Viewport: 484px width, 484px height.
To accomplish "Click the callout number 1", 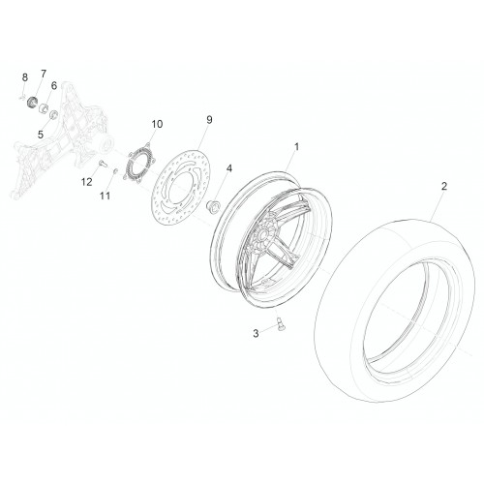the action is tap(296, 147).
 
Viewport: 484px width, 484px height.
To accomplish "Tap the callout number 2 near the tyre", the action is tap(444, 186).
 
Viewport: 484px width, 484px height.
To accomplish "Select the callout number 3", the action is tap(256, 333).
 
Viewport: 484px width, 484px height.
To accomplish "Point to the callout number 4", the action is tap(228, 168).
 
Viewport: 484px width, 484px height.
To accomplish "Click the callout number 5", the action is tap(41, 135).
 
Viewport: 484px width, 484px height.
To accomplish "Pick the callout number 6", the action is tap(54, 86).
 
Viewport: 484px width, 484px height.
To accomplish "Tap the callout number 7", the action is tap(44, 74).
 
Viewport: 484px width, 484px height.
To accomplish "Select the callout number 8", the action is tap(25, 77).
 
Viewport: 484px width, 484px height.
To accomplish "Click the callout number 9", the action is tap(209, 120).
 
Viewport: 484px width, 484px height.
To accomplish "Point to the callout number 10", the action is tap(157, 124).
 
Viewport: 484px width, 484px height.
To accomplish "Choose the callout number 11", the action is tap(105, 196).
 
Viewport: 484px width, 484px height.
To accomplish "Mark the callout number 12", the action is tap(86, 182).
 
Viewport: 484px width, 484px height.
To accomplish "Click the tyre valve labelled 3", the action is tap(280, 323).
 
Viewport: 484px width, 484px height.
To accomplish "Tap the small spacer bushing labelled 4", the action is tap(213, 205).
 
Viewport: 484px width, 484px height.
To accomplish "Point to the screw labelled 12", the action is tap(102, 163).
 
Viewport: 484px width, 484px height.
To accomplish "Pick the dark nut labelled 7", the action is tap(32, 102).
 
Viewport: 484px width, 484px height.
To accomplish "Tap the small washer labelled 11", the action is tap(114, 170).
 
